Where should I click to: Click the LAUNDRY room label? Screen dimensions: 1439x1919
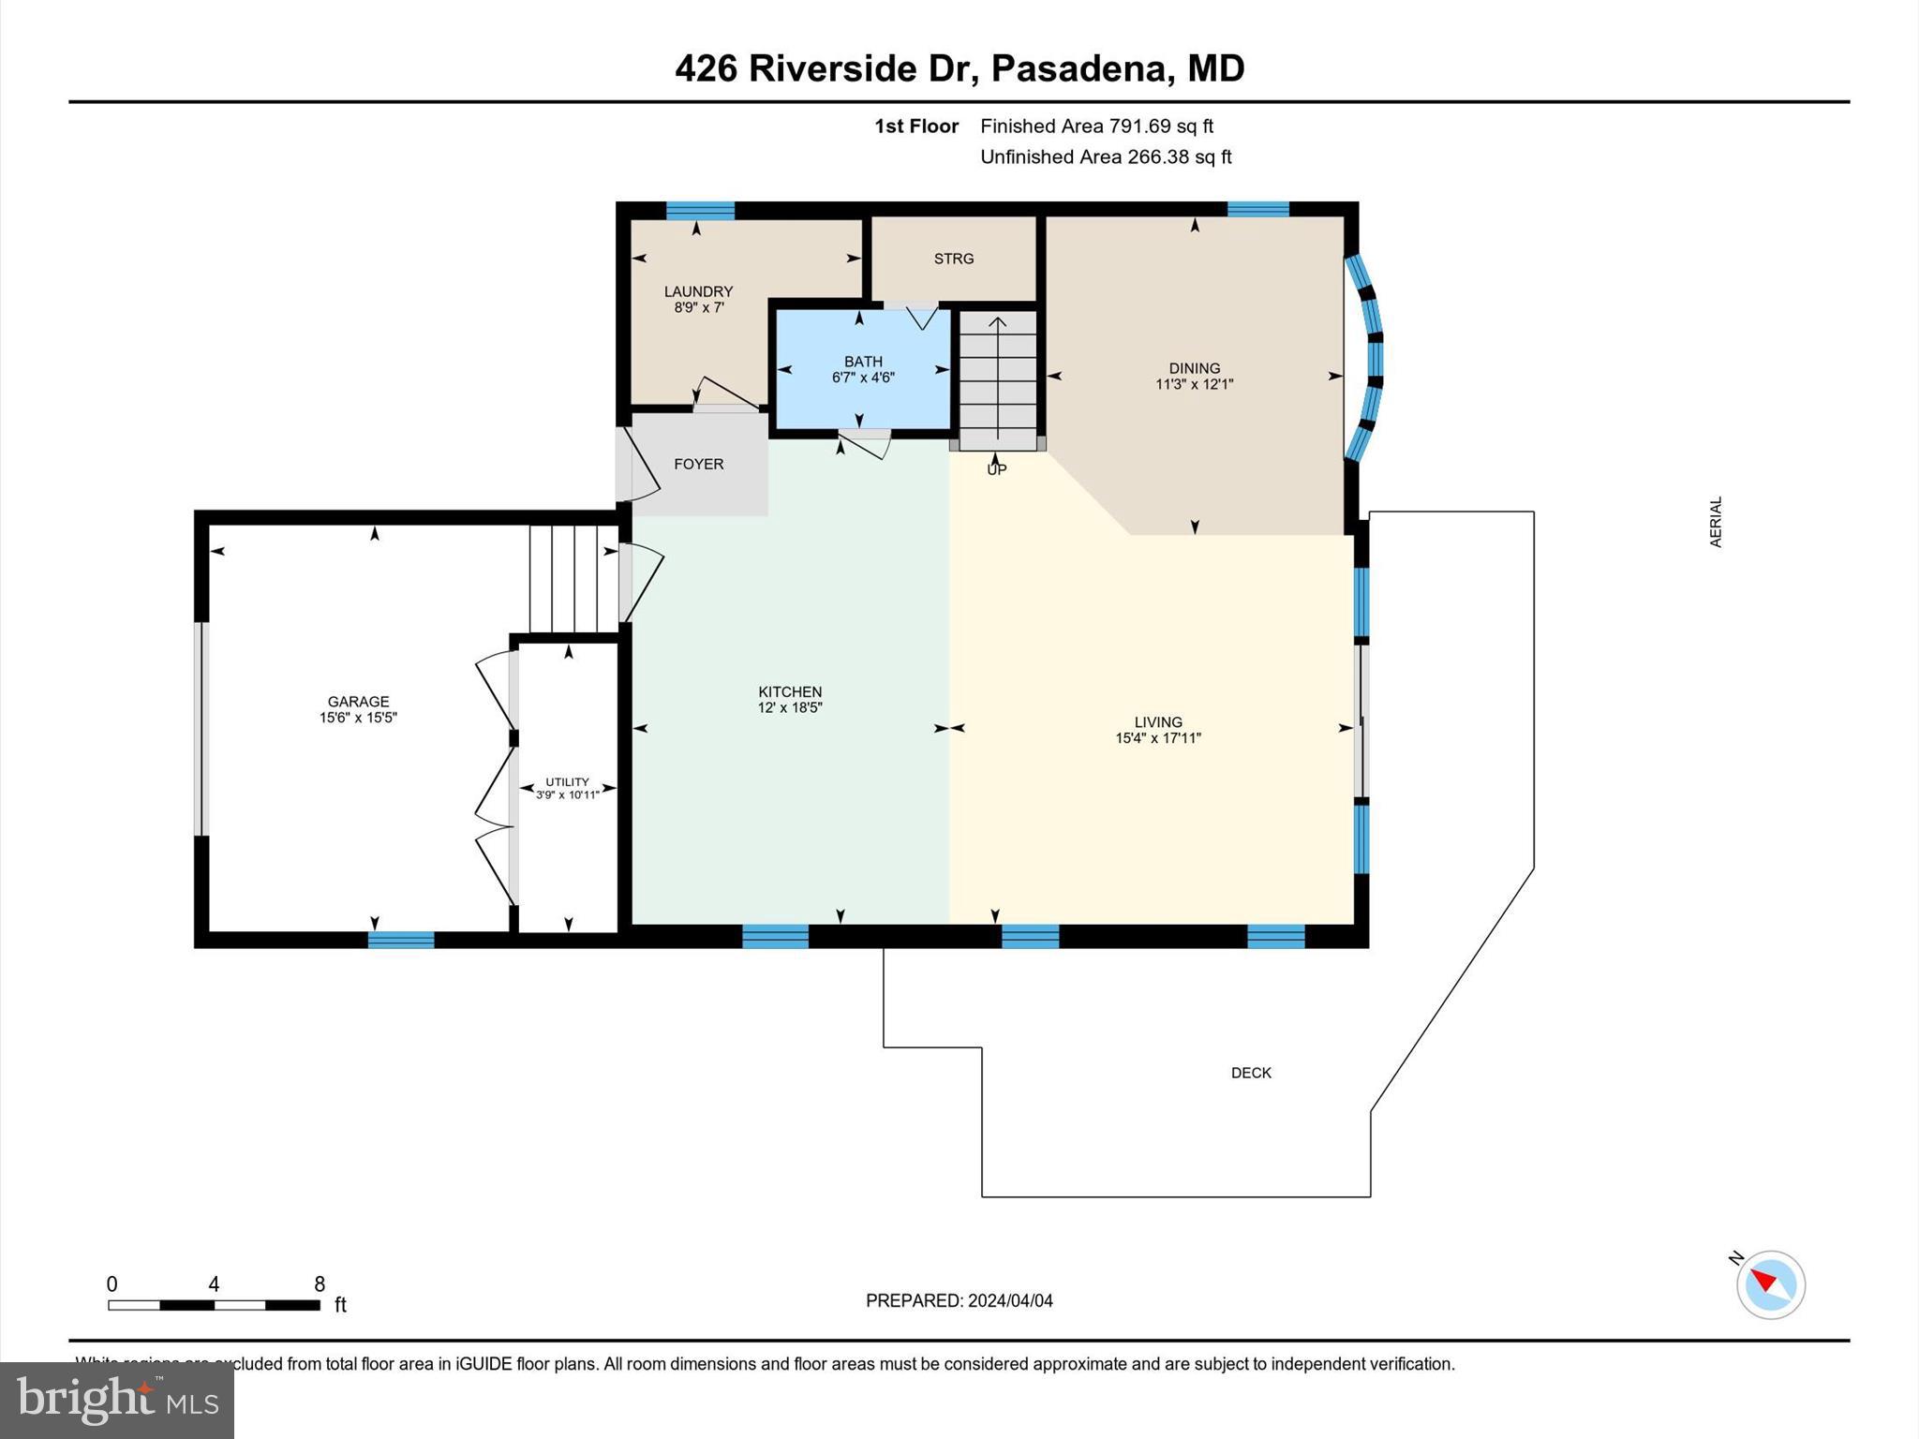tap(698, 291)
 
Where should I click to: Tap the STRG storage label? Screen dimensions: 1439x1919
tap(953, 259)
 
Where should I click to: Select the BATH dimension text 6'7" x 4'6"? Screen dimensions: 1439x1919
tap(863, 378)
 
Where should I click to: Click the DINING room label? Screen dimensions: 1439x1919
tap(1194, 368)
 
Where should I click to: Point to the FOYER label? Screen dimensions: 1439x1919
tap(698, 464)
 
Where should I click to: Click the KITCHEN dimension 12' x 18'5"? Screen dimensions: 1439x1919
tap(790, 708)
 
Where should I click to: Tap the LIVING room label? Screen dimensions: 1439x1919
tap(1158, 721)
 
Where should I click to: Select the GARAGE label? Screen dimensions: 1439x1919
tap(358, 701)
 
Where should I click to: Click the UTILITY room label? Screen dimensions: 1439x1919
tap(567, 781)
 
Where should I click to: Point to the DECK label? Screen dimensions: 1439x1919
tap(1251, 1073)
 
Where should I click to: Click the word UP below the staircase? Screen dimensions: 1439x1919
tap(996, 469)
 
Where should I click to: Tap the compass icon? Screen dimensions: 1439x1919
tap(1770, 1284)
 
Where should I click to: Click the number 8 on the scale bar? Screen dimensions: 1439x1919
tap(320, 1283)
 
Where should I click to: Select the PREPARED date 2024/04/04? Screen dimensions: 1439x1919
tap(1009, 1300)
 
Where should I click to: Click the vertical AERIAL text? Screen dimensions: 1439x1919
tap(1716, 522)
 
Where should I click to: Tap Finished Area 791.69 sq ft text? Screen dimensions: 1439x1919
tap(1096, 126)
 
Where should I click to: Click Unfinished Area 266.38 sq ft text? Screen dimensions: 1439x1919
tap(1106, 156)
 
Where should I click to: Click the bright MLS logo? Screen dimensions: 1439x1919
tap(117, 1400)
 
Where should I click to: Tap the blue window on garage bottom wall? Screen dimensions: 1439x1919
tap(401, 940)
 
